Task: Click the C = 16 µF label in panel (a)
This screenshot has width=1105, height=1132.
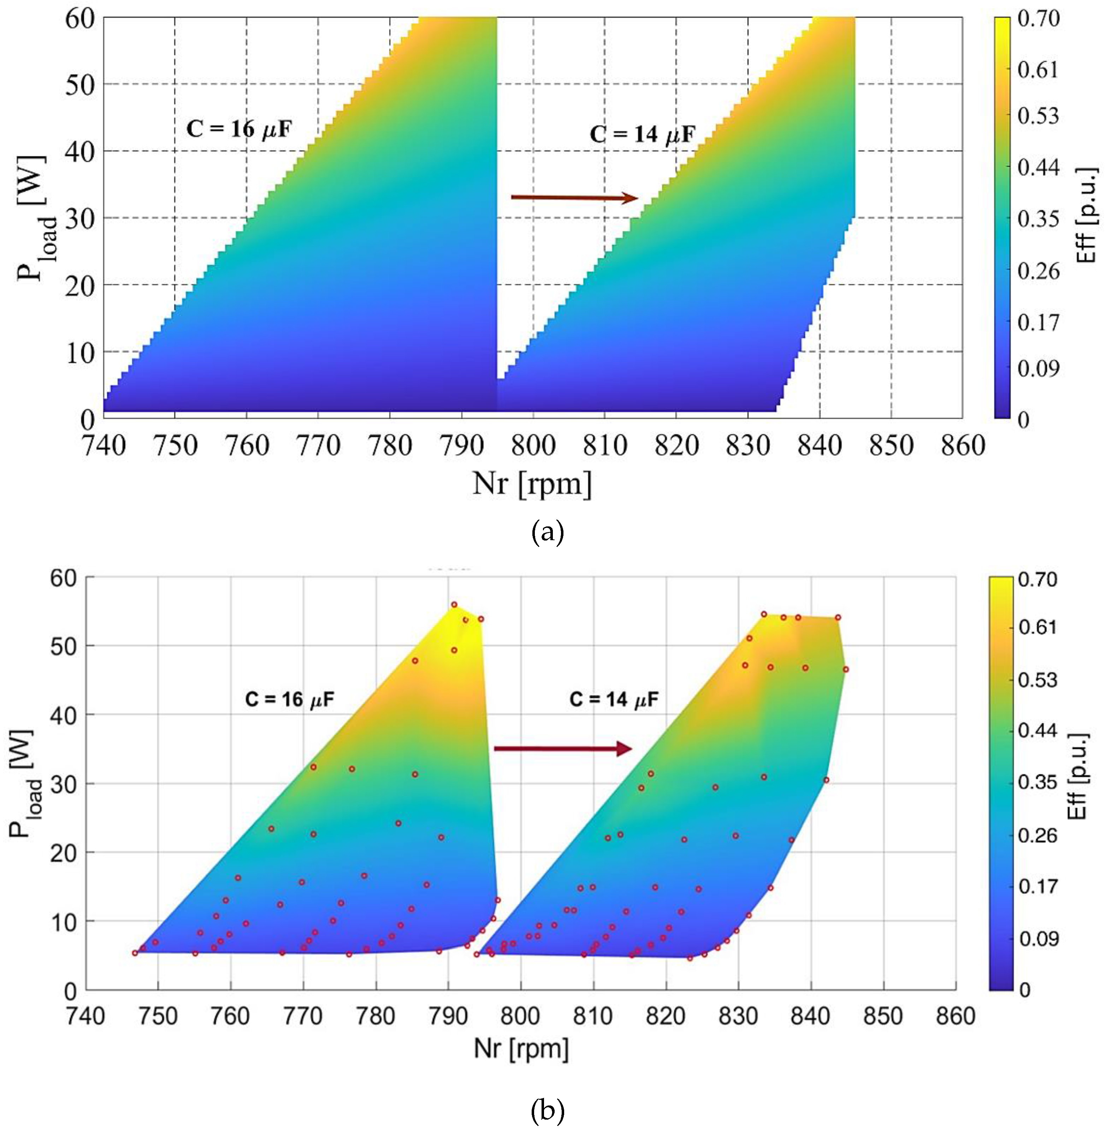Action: pos(238,129)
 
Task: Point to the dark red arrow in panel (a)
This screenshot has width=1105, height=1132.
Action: pos(574,198)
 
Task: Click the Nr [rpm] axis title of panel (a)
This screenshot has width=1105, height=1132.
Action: pos(532,483)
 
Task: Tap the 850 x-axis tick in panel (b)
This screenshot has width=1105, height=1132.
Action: pos(883,1016)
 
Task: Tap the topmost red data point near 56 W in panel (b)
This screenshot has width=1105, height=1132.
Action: pos(454,605)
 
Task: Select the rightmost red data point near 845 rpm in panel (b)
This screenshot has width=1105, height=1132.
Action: pos(846,669)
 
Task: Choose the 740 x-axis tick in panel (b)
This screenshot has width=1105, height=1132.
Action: pos(86,1016)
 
